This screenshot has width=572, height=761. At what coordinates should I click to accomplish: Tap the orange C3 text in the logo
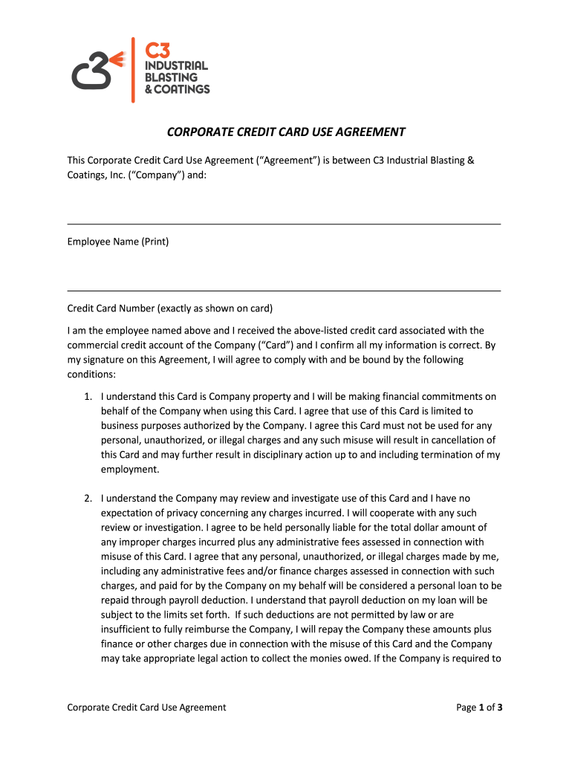pos(157,51)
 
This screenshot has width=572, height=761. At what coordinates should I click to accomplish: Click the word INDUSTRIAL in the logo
pos(175,65)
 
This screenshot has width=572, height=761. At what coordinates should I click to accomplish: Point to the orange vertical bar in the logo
pos(133,70)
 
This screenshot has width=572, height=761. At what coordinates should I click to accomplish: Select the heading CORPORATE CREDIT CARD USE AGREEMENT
pos(286,132)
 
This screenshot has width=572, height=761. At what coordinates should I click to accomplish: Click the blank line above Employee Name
pos(284,223)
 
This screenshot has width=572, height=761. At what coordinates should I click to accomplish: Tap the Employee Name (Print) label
pos(118,242)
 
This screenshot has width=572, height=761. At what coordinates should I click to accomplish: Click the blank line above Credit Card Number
pos(284,291)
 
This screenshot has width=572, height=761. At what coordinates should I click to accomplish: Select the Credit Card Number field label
pos(170,308)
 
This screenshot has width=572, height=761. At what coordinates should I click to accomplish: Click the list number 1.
pos(87,397)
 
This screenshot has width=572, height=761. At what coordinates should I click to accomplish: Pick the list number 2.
pos(87,499)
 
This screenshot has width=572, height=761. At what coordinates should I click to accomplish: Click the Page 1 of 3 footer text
pos(479,707)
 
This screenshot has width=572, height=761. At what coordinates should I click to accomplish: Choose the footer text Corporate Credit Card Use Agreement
pos(146,707)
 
